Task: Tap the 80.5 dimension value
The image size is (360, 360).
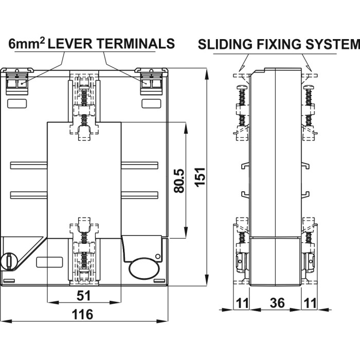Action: (179, 181)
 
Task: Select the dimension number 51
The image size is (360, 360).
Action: (84, 295)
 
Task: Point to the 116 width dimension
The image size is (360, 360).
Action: (82, 313)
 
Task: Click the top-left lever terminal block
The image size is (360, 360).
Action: (17, 81)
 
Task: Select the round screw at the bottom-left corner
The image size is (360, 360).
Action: (9, 260)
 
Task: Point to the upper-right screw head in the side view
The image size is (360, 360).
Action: (309, 87)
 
